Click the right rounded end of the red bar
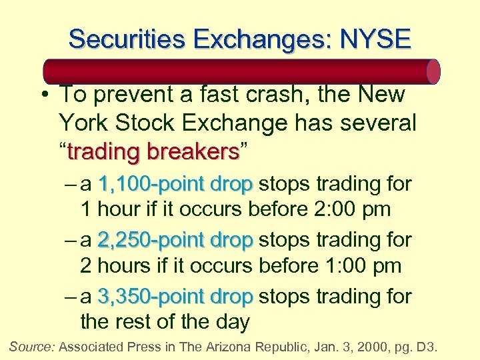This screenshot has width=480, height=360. tap(433, 71)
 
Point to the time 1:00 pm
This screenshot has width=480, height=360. tap(360, 266)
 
